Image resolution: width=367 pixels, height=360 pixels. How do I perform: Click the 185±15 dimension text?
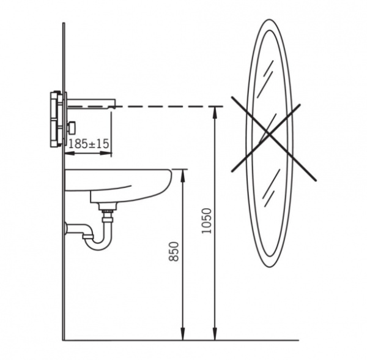pos(89,144)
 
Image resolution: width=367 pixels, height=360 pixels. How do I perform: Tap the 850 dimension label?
pos(174,252)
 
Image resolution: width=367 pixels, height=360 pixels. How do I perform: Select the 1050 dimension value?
pos(207,221)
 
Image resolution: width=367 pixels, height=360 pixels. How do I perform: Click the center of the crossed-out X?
pos(269,135)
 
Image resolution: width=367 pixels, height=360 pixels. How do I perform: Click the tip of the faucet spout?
pos(114,107)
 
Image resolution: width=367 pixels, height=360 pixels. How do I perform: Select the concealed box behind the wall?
pos(56,119)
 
